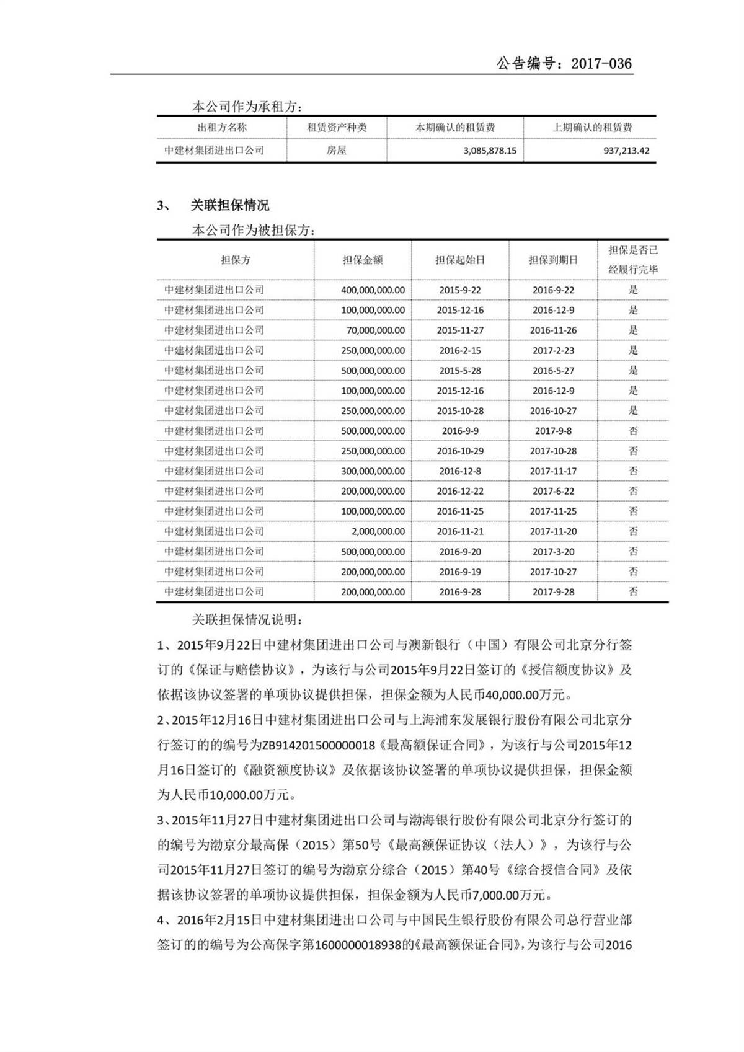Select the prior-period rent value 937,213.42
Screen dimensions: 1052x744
pyautogui.click(x=626, y=151)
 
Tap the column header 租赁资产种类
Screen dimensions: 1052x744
pyautogui.click(x=337, y=128)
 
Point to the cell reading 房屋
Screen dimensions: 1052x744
pyautogui.click(x=337, y=151)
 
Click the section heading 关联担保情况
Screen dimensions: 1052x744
pyautogui.click(x=229, y=206)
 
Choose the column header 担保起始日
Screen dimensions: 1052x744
pyautogui.click(x=459, y=260)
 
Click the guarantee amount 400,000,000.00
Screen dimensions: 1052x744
pyautogui.click(x=373, y=290)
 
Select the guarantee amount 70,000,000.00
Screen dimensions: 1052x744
pyautogui.click(x=375, y=330)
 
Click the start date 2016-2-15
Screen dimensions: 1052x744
pyautogui.click(x=459, y=350)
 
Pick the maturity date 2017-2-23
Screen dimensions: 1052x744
pyautogui.click(x=553, y=350)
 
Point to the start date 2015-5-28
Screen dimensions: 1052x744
pyautogui.click(x=459, y=371)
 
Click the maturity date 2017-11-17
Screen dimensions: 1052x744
pyautogui.click(x=553, y=471)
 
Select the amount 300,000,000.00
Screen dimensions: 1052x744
pyautogui.click(x=373, y=471)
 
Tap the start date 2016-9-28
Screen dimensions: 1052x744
pyautogui.click(x=459, y=592)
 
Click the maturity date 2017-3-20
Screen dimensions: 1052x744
pyautogui.click(x=553, y=552)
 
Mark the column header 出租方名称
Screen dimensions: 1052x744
pyautogui.click(x=221, y=128)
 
